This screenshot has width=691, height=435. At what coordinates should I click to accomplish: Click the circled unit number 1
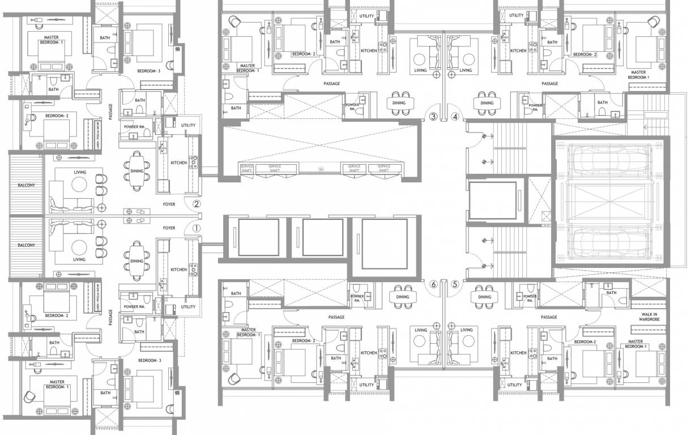pyautogui.click(x=197, y=229)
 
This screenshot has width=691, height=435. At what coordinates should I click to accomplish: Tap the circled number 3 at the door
pyautogui.click(x=433, y=117)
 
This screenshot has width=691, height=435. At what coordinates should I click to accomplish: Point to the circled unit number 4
pyautogui.click(x=455, y=117)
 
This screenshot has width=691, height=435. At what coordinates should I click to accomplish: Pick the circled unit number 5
pyautogui.click(x=455, y=284)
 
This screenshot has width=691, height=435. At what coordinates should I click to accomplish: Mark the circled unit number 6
pyautogui.click(x=434, y=284)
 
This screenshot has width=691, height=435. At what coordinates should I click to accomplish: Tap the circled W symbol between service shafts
pyautogui.click(x=321, y=169)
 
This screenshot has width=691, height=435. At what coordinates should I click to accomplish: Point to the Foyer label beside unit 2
pyautogui.click(x=169, y=204)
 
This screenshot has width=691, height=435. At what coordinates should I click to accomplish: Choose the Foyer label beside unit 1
pyautogui.click(x=169, y=228)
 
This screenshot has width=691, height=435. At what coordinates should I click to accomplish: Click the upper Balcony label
pyautogui.click(x=25, y=185)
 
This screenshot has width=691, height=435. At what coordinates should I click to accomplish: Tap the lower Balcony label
pyautogui.click(x=25, y=245)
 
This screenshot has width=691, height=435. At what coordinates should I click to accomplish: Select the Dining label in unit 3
pyautogui.click(x=399, y=103)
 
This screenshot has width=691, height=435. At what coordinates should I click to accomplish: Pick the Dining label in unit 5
pyautogui.click(x=484, y=297)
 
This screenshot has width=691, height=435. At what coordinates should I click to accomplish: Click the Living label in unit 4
pyautogui.click(x=466, y=71)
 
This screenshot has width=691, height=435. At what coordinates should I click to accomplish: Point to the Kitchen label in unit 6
pyautogui.click(x=369, y=353)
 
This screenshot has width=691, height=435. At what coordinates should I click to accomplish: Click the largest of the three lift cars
pyautogui.click(x=384, y=242)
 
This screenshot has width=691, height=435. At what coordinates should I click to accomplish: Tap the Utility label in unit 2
pyautogui.click(x=188, y=126)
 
